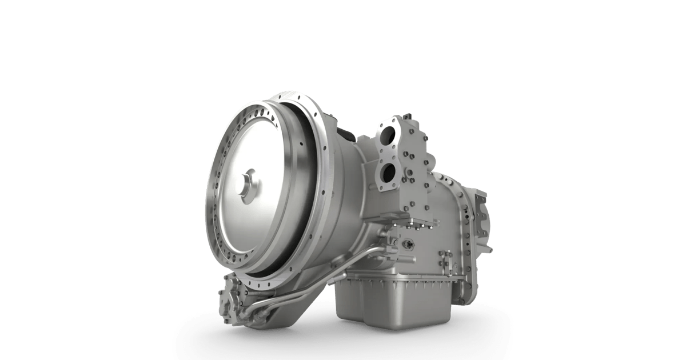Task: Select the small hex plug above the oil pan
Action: [407, 243]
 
